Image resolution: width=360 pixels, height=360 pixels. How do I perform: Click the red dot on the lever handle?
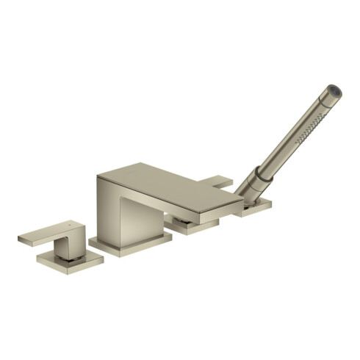(x=71, y=223)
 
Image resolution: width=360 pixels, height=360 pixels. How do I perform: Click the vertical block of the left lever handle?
(x=73, y=239)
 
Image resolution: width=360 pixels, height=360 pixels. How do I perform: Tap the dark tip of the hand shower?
(x=336, y=90)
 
